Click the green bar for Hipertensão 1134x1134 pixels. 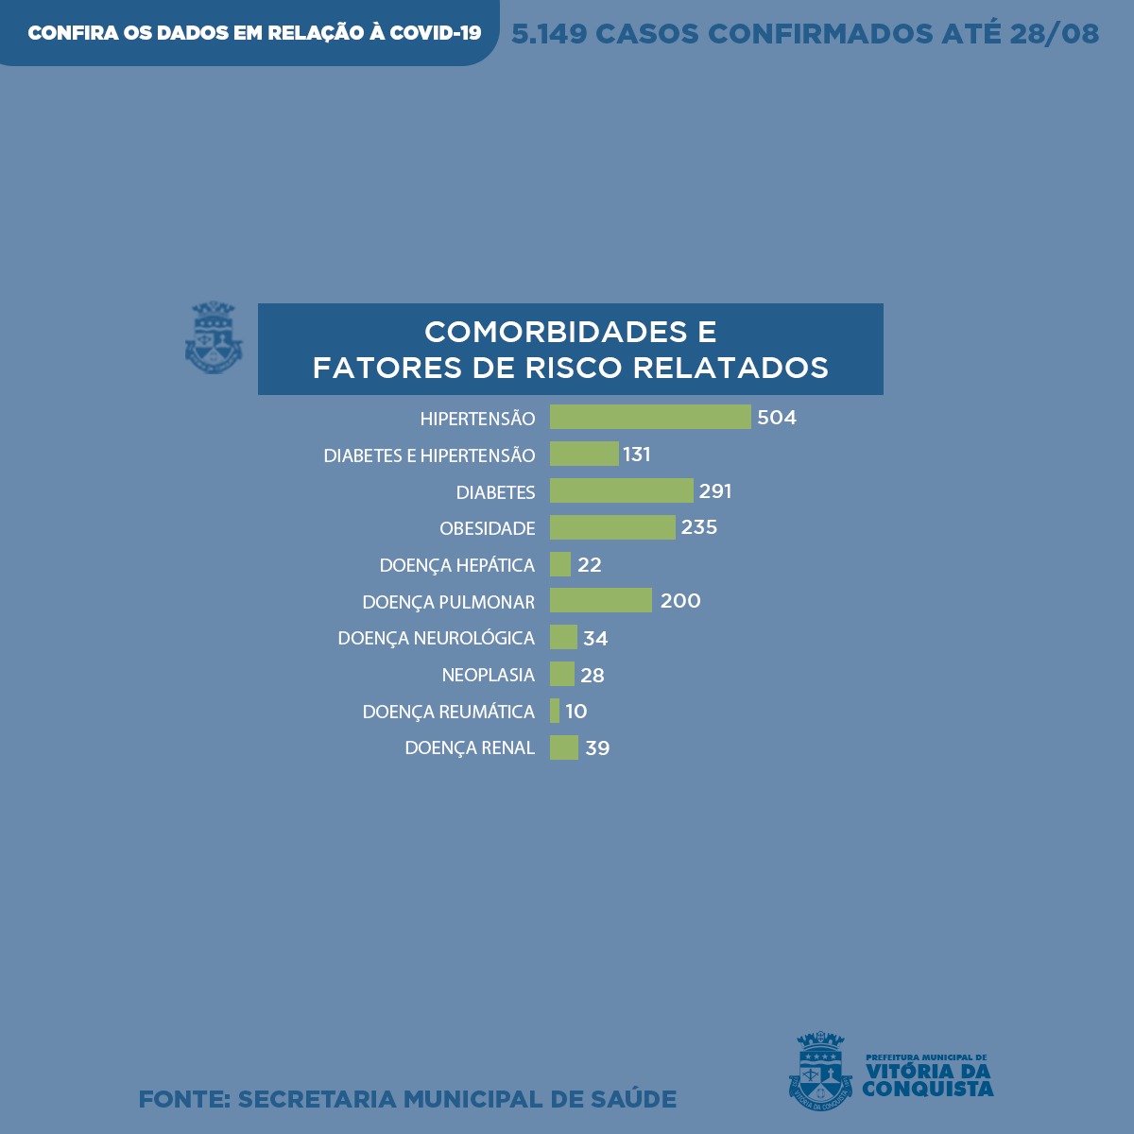[x=650, y=417]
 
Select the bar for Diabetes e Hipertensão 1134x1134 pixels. [x=584, y=454]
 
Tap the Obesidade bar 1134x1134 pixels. [x=612, y=527]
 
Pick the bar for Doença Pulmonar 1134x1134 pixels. [x=601, y=600]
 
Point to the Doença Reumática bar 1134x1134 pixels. [x=555, y=711]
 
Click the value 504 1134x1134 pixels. [x=777, y=418]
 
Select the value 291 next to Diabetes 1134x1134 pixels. [x=715, y=491]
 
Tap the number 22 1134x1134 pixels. [x=590, y=565]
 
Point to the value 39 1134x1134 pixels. [x=597, y=748]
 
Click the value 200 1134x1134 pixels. [x=680, y=601]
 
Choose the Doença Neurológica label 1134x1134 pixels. [x=437, y=638]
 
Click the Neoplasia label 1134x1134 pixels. [x=488, y=675]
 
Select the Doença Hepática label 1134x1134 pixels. [x=457, y=565]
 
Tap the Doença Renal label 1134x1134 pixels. [x=470, y=747]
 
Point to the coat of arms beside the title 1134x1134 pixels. [x=214, y=337]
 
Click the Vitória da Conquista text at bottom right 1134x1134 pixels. [x=927, y=1079]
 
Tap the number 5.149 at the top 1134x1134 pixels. [x=549, y=34]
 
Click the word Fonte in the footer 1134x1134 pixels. [x=184, y=1099]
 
